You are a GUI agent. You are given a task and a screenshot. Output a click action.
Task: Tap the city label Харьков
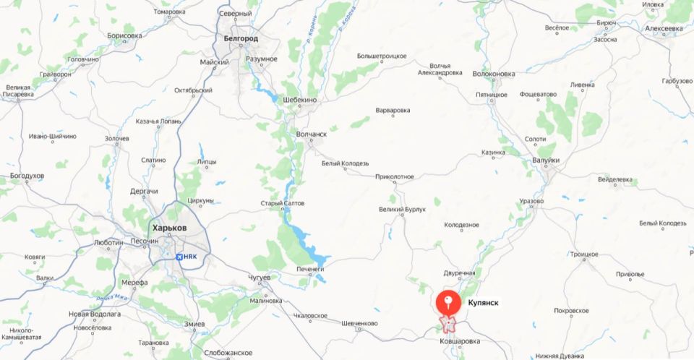tap(169, 228)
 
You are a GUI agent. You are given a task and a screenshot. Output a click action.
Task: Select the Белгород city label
tap(241, 38)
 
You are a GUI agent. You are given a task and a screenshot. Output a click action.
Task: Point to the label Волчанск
tap(312, 134)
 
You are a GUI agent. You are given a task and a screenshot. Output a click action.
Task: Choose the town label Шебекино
tap(301, 100)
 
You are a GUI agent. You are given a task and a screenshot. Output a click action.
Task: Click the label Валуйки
tap(545, 160)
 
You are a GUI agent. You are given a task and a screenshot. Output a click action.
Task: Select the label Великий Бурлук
tap(402, 210)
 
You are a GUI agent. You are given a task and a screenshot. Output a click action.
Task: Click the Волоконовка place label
tap(493, 74)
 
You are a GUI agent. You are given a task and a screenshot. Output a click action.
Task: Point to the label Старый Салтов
tap(283, 203)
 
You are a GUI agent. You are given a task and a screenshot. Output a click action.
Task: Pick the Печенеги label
tap(312, 269)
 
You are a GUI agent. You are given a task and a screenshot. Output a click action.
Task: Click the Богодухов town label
tap(27, 176)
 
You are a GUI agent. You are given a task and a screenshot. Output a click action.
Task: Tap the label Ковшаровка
tap(459, 340)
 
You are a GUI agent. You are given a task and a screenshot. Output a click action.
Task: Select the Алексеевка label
tap(664, 28)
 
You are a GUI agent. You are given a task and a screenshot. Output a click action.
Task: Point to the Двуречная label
tap(459, 273)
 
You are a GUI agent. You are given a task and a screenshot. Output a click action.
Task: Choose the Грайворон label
tap(56, 74)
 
